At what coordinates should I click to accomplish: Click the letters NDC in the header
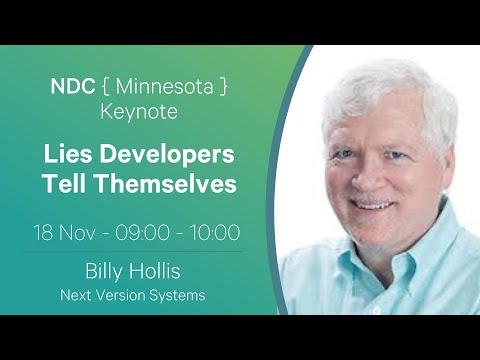tap(72, 86)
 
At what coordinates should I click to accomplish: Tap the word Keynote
tap(139, 111)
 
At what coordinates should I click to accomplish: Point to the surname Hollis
tap(162, 272)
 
